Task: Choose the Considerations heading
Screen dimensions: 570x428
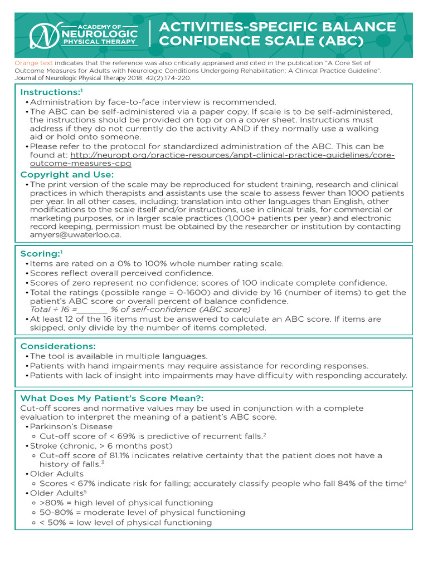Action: pyautogui.click(x=58, y=346)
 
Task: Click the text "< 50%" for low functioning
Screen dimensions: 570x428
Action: pyautogui.click(x=52, y=523)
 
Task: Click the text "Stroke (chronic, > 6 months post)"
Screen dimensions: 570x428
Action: pyautogui.click(x=101, y=446)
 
